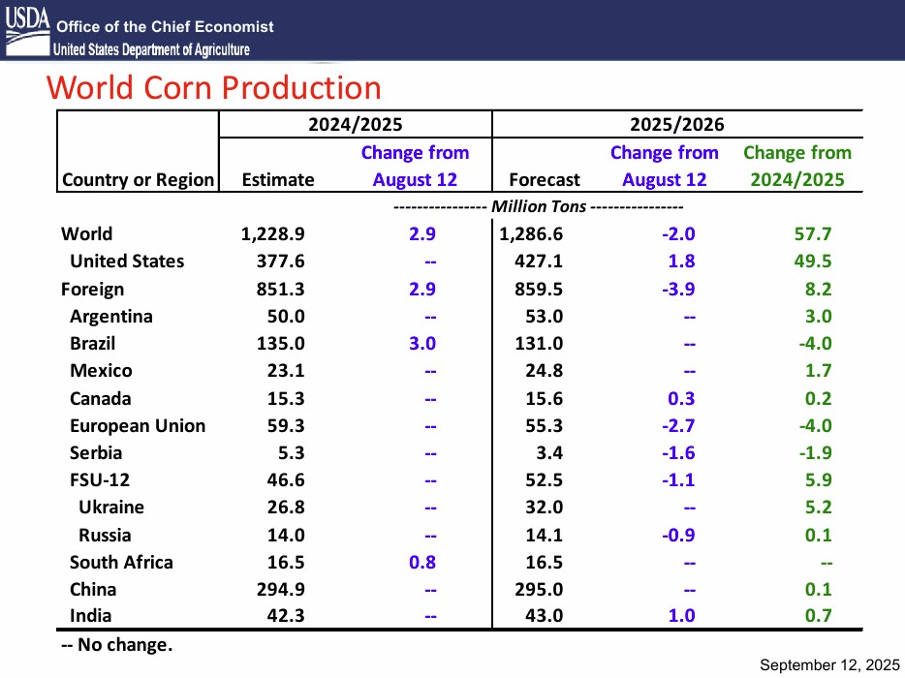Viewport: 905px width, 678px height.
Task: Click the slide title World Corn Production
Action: click(214, 88)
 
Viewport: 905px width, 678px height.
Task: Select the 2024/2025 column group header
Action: click(355, 124)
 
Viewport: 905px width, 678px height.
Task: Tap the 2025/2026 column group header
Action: click(676, 124)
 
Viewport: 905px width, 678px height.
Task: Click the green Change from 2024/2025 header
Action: click(796, 166)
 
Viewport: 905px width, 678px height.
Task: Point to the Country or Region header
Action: click(138, 179)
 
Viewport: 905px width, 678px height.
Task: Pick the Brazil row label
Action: click(93, 343)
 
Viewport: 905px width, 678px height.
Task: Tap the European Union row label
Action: click(138, 425)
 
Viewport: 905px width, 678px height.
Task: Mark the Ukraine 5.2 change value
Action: click(818, 507)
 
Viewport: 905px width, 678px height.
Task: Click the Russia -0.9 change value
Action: click(677, 535)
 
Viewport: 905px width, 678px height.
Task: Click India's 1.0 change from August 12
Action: click(681, 615)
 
